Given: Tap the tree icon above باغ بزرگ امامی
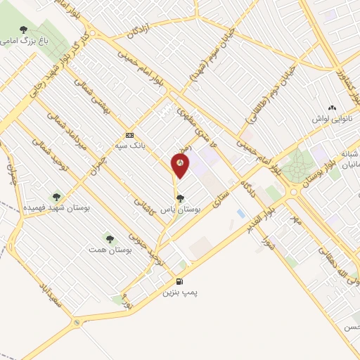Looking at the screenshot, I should pyautogui.click(x=24, y=30).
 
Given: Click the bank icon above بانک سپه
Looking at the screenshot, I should pyautogui.click(x=129, y=134).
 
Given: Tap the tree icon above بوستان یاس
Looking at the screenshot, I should pyautogui.click(x=181, y=198).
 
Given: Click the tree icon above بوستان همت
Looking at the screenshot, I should pyautogui.click(x=108, y=238).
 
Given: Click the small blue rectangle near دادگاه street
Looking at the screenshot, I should pyautogui.click(x=241, y=212).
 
